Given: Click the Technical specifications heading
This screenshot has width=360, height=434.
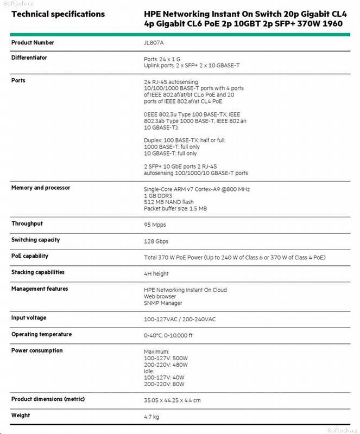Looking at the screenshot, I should pyautogui.click(x=58, y=14).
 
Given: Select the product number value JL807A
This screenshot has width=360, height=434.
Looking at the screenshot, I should pyautogui.click(x=153, y=42).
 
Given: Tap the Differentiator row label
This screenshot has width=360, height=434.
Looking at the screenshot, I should pyautogui.click(x=29, y=58).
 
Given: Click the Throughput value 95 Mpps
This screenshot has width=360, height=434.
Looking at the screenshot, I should pyautogui.click(x=155, y=224).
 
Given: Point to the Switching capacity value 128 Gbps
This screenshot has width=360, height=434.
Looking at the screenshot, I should pyautogui.click(x=157, y=240).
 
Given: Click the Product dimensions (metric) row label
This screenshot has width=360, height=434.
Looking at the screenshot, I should pyautogui.click(x=48, y=399).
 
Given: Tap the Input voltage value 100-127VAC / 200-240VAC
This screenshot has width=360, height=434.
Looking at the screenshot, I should pyautogui.click(x=180, y=319).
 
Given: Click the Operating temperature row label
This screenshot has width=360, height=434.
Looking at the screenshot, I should pyautogui.click(x=41, y=334).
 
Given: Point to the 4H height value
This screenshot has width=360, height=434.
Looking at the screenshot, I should pyautogui.click(x=156, y=274).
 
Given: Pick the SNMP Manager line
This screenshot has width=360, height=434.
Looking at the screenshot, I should pyautogui.click(x=163, y=303).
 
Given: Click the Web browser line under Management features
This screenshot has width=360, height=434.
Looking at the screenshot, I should pyautogui.click(x=160, y=297).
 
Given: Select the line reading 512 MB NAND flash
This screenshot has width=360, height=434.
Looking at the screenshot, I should pyautogui.click(x=169, y=202).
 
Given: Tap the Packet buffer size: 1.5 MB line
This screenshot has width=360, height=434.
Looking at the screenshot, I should pyautogui.click(x=175, y=208).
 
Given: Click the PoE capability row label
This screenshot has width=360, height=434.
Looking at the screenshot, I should pyautogui.click(x=30, y=256).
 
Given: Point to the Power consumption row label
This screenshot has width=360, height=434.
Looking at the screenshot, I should pyautogui.click(x=37, y=350).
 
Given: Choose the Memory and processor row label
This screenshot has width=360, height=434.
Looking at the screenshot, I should pyautogui.click(x=41, y=188).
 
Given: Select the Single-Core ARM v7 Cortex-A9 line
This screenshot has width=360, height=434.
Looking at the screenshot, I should pyautogui.click(x=197, y=189).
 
